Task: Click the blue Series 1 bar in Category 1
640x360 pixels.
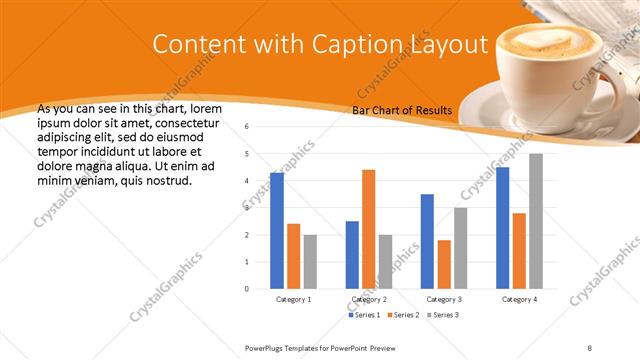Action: pos(277,230)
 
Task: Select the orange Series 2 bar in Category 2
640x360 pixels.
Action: pos(368,229)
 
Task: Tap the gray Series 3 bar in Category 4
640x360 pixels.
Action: pos(536,221)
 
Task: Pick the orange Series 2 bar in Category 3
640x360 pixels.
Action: pos(444,264)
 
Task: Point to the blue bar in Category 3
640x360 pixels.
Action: pos(427,241)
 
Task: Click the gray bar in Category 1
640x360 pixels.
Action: pos(310,261)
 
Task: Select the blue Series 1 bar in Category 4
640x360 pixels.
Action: pos(502,227)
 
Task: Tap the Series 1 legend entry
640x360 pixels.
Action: pos(365,315)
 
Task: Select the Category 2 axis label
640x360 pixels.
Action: pos(369,299)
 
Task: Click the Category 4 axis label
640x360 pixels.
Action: pos(519,299)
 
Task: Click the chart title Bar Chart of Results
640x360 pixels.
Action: pos(402,110)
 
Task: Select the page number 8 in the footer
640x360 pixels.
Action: pos(590,347)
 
